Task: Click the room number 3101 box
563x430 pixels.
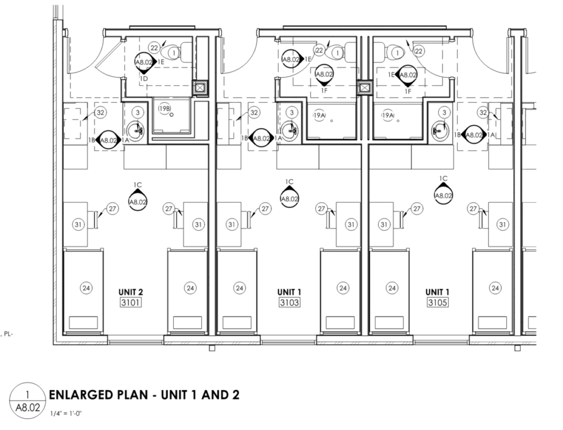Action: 130,302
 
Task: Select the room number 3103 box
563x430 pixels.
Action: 289,302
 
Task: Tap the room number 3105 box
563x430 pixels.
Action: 438,302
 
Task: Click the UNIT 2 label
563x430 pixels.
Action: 131,292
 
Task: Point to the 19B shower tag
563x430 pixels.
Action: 165,108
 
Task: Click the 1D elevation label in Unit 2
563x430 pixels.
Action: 143,79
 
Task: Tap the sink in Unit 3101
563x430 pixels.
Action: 135,130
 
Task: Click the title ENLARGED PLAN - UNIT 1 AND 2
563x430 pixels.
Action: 144,395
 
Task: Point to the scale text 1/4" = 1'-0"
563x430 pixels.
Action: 66,413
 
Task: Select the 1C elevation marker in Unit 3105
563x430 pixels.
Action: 444,192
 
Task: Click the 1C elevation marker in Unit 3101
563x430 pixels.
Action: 138,199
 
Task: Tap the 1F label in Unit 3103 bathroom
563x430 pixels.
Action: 324,90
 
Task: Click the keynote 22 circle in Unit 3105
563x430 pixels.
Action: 418,51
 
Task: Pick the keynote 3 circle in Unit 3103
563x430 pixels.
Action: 291,112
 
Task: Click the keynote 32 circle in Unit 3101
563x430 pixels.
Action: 100,112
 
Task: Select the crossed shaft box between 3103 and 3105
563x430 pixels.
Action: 364,88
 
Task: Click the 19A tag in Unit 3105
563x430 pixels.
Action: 388,116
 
